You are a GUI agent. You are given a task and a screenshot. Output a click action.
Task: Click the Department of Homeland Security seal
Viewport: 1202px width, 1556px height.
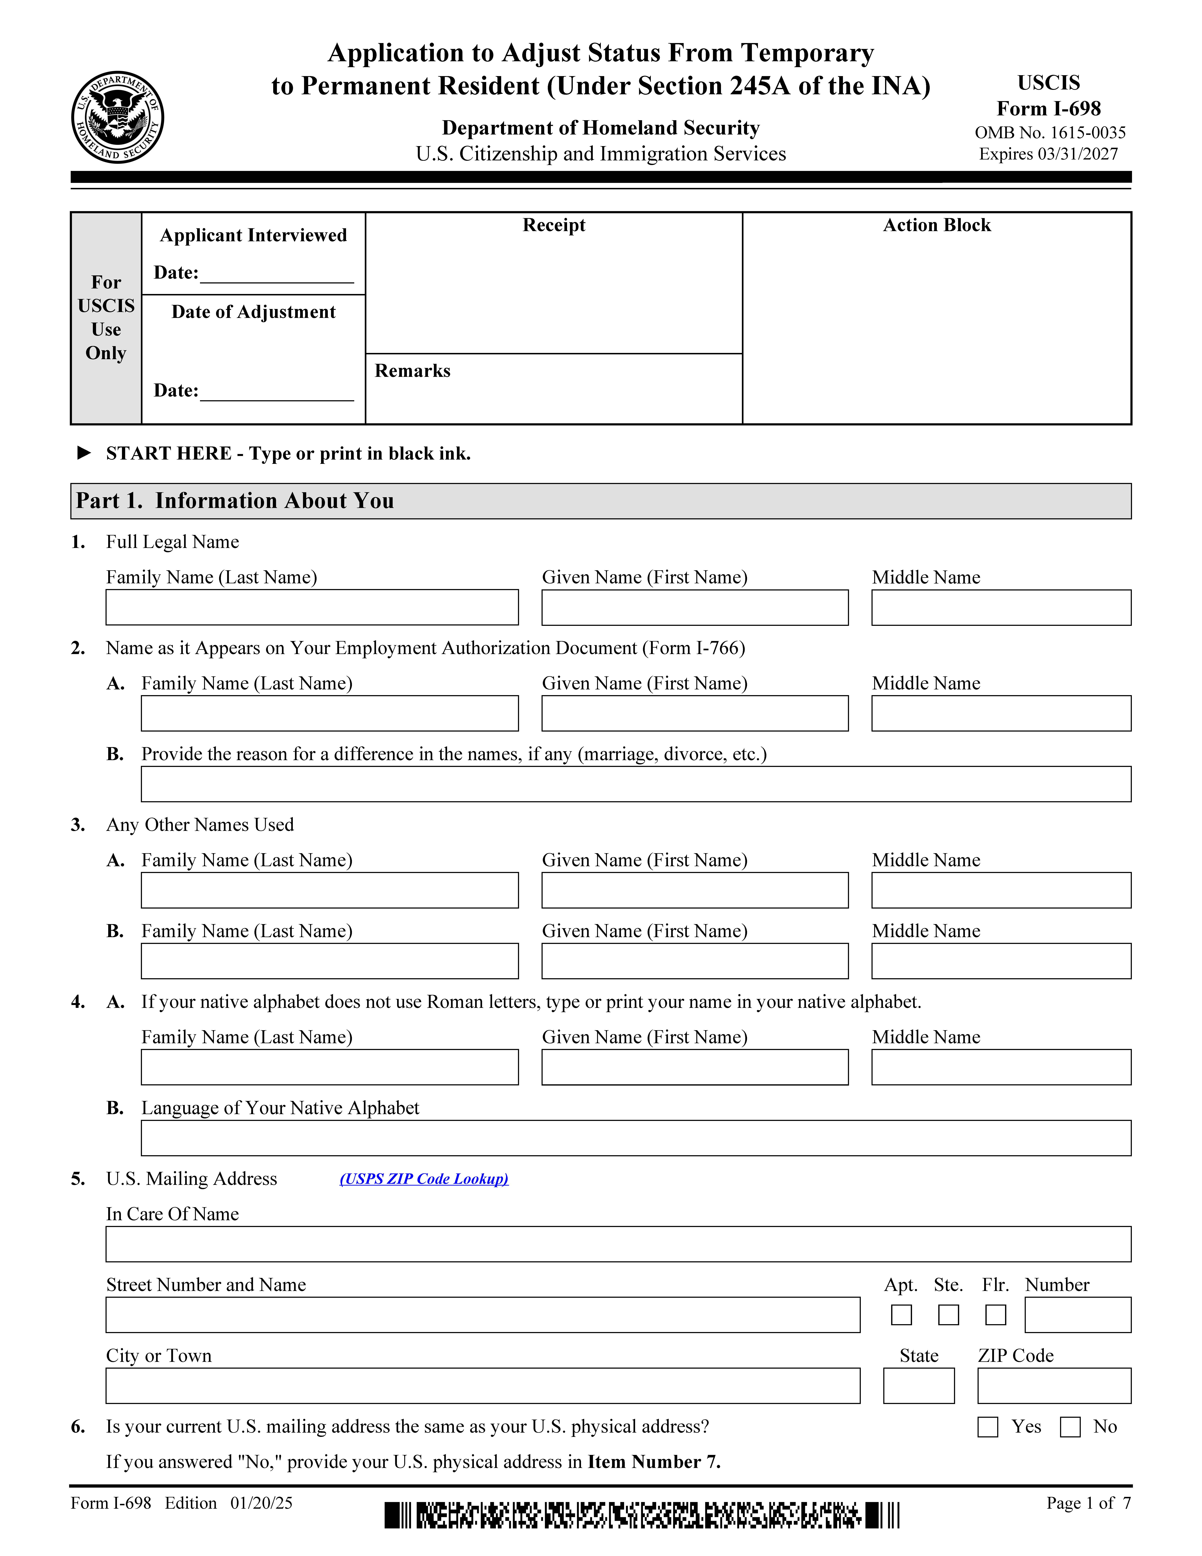click(117, 117)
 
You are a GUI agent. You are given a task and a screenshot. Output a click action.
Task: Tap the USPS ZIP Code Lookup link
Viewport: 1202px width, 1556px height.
click(424, 1179)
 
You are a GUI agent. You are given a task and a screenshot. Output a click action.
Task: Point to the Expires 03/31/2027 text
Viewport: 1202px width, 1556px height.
click(1048, 154)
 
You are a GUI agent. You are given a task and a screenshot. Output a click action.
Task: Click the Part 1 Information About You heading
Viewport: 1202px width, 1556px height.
click(235, 501)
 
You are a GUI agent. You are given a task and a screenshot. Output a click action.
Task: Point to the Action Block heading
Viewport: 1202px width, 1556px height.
click(936, 225)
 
